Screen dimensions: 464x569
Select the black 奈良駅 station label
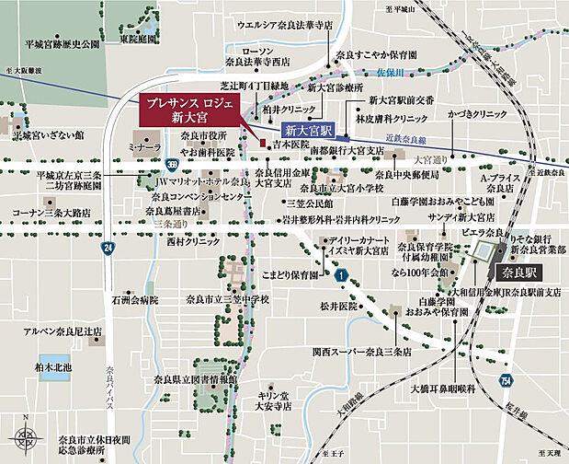coord(520,273)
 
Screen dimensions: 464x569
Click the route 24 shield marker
coord(108,248)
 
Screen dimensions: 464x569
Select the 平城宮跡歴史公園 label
coord(62,44)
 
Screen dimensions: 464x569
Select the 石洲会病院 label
coord(135,300)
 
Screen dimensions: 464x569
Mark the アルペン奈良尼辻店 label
coord(63,331)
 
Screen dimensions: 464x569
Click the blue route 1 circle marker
coord(339,274)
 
